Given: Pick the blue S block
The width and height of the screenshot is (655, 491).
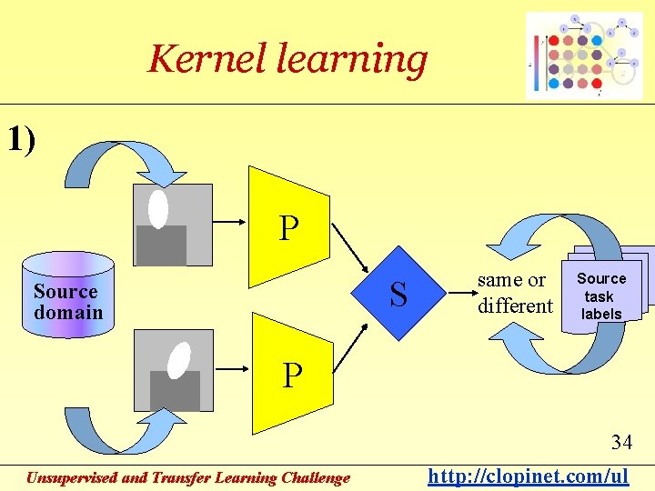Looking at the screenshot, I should [x=398, y=293].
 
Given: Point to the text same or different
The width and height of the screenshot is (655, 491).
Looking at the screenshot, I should [x=515, y=293].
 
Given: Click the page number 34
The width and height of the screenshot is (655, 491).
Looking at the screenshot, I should [x=621, y=443].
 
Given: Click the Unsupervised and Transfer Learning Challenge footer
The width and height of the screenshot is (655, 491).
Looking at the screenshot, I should [x=187, y=477].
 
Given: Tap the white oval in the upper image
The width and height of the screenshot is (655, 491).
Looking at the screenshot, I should [x=158, y=209].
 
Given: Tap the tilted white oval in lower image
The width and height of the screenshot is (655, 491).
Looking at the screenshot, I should [x=179, y=359].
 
